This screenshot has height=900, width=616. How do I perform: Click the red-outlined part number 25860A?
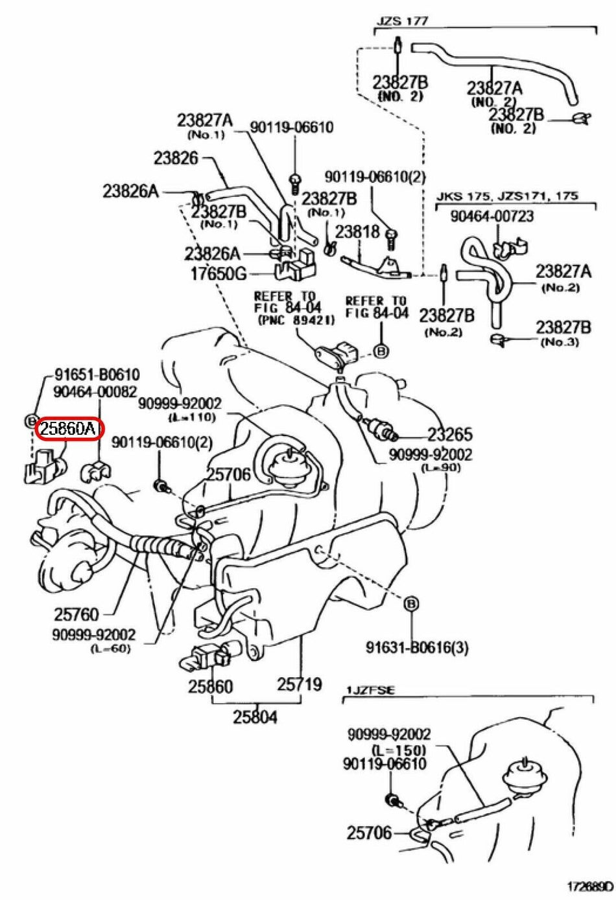68,428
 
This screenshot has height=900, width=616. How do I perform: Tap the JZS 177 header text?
403,21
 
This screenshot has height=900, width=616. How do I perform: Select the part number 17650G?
218,273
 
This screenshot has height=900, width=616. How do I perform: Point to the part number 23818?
358,231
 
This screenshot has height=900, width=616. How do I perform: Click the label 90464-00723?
492,216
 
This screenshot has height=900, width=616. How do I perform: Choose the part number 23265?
449,434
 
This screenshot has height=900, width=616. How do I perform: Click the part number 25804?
255,717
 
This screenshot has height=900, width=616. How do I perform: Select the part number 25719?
300,684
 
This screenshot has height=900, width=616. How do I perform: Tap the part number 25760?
77,613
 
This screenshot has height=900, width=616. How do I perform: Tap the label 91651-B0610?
97,375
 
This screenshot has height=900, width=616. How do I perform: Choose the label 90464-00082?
95,391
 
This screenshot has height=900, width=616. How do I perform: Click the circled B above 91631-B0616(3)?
410,604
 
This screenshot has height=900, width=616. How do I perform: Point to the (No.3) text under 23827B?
560,341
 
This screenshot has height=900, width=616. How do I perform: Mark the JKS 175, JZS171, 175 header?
506,196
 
